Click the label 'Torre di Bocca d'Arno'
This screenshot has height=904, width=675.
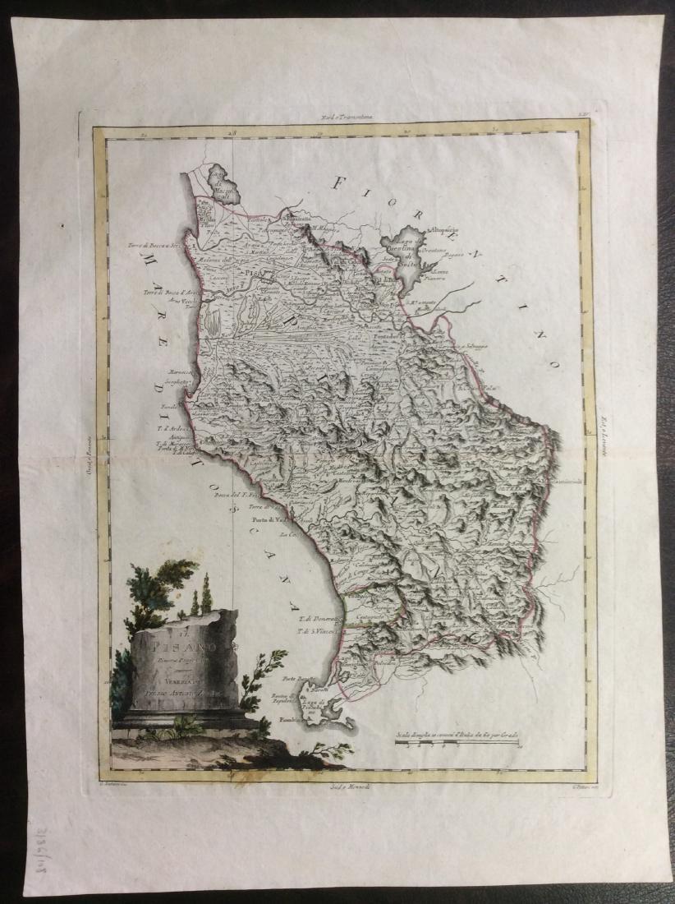click(168, 293)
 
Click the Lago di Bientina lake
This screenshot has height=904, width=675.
click(406, 251)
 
